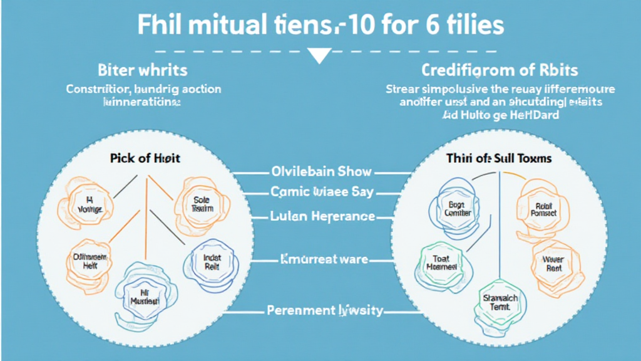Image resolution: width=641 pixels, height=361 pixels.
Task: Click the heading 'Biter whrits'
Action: coord(142,70)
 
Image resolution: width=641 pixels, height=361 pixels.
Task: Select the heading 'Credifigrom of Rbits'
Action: coord(499,70)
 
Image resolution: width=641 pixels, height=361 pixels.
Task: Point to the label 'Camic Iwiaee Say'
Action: coord(320,191)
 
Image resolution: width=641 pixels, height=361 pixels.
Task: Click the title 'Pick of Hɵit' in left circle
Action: coord(145,158)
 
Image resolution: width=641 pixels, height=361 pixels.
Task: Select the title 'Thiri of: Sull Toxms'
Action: coord(499,158)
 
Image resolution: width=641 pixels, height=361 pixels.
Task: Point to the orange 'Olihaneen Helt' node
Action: coord(87,261)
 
